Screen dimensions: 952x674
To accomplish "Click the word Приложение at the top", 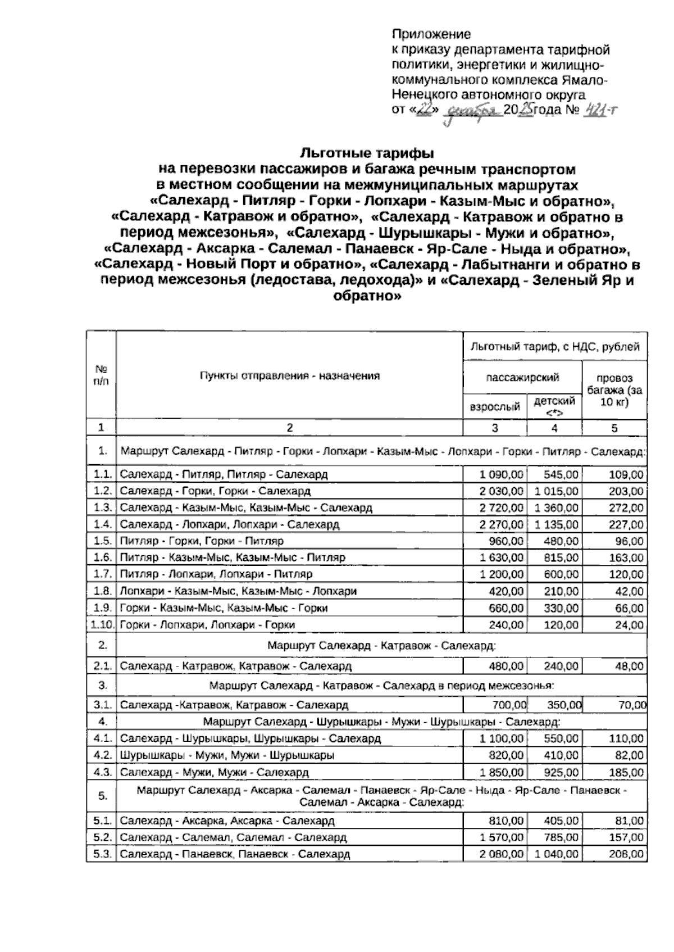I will click(x=431, y=35).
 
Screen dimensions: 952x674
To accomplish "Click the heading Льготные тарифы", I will click(x=367, y=153).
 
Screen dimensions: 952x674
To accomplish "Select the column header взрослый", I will click(x=494, y=406).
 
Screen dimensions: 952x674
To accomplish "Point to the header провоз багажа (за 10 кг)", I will click(x=614, y=391).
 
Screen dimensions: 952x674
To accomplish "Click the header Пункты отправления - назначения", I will click(x=290, y=376).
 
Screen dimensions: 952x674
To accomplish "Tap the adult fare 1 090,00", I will click(x=502, y=475).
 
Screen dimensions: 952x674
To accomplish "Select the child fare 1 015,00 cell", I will click(x=556, y=491).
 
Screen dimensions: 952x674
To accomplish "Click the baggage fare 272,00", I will click(x=626, y=508).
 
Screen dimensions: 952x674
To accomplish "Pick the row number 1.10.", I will click(x=101, y=625).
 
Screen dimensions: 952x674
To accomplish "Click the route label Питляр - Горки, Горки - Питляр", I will click(x=202, y=541).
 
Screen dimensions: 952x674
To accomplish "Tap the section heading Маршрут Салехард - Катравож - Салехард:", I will click(x=381, y=646).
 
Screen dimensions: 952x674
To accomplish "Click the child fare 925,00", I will click(x=561, y=773).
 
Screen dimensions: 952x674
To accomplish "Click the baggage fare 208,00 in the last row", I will click(x=626, y=854).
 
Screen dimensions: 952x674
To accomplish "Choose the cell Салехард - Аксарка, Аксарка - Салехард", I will click(x=227, y=821).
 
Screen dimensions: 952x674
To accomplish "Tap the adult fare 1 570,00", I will click(x=502, y=838).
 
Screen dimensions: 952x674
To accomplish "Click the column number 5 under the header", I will click(x=614, y=428).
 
